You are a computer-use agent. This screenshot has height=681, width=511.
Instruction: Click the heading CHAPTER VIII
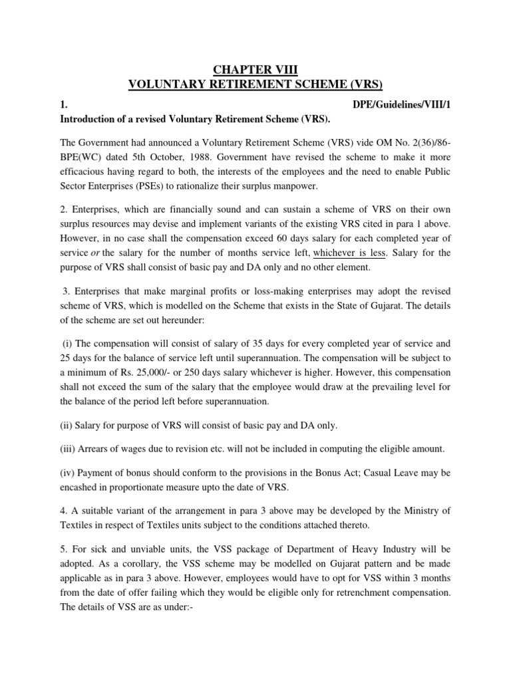point(255,68)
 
